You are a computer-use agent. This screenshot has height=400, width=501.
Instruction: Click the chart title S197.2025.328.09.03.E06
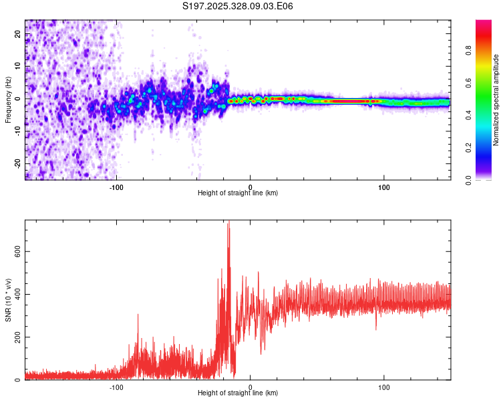[238, 6]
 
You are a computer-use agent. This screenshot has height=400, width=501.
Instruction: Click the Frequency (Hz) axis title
[8, 99]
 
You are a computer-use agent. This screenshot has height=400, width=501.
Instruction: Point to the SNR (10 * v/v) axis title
[8, 300]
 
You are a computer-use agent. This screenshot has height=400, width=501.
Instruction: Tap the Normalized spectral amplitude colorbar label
[496, 100]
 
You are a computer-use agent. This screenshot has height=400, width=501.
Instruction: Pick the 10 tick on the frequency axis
[18, 66]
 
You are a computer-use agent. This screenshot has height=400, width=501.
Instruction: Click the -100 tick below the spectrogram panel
[117, 187]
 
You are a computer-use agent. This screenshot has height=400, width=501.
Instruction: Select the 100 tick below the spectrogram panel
[384, 187]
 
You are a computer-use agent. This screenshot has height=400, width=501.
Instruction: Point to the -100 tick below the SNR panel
[117, 387]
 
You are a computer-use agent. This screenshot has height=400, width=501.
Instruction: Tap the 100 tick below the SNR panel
[384, 387]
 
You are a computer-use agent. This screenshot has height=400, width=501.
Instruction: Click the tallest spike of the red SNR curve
[228, 222]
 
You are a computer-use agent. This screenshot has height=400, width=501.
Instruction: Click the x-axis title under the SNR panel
[238, 393]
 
